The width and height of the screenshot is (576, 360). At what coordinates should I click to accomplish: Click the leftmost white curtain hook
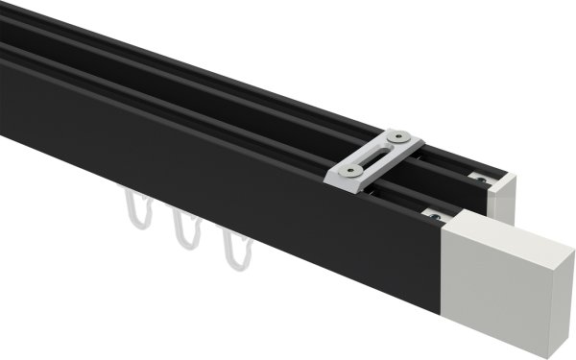point(136,212)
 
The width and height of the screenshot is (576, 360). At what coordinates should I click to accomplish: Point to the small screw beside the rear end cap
point(477,176)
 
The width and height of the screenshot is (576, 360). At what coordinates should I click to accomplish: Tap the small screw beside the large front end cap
point(435,218)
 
